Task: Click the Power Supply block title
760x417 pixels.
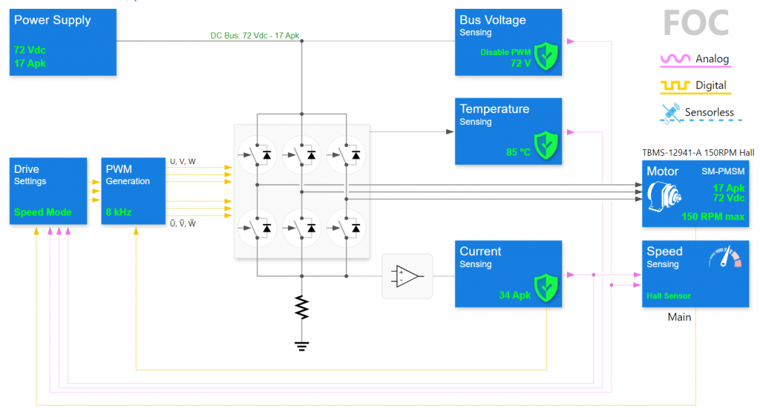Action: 52,20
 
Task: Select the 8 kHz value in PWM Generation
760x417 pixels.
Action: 118,212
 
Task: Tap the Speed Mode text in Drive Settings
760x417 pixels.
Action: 43,212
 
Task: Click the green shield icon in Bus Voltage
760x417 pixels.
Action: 547,56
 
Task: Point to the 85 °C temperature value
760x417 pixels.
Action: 518,152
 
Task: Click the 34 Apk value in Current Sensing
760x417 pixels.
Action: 515,295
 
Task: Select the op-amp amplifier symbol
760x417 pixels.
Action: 407,276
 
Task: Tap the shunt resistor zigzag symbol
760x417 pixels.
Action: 301,307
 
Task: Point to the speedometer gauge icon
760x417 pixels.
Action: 725,257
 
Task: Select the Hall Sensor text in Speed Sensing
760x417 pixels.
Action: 668,296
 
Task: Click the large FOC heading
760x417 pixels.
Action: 696,23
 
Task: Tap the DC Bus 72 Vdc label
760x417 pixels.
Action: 255,36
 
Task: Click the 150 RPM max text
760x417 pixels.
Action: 712,217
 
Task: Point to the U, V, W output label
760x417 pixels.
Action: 183,161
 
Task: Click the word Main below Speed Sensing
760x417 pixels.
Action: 679,317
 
